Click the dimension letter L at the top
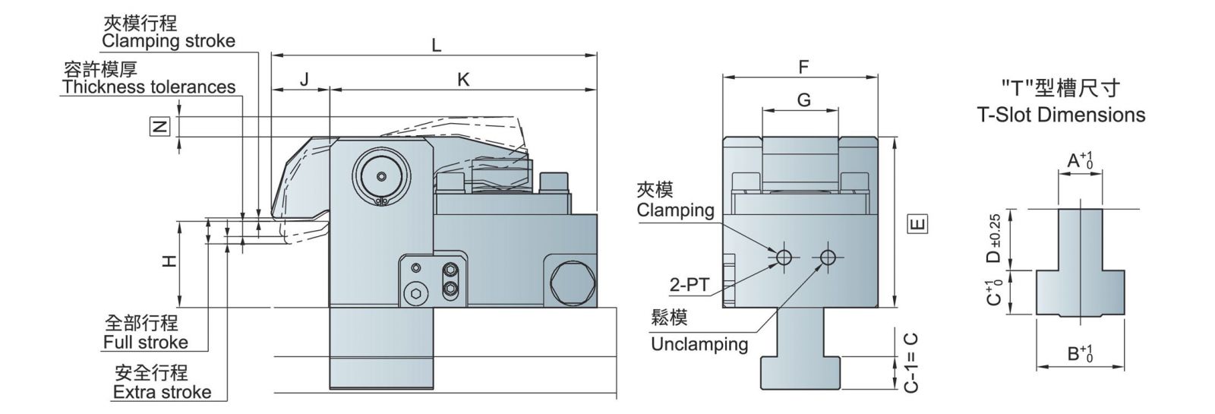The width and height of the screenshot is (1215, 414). point(436,45)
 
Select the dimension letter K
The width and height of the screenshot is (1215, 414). point(463,79)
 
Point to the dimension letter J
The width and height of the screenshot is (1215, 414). point(304,79)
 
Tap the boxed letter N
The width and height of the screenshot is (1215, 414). point(159,127)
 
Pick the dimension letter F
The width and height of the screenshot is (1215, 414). point(803,67)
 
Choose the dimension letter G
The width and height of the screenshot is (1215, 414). point(804,100)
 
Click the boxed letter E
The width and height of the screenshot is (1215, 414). point(918,224)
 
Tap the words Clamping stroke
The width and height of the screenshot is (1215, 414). point(169,41)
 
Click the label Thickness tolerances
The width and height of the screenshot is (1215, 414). point(149,87)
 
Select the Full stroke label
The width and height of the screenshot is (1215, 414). point(145,342)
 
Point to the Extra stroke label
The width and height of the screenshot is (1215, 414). point(162,392)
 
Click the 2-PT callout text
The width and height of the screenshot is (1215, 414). point(689,286)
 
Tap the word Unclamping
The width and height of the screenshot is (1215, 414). point(699,344)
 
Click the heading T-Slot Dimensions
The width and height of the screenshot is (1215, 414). point(1061,115)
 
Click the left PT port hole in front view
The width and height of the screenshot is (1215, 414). point(783,258)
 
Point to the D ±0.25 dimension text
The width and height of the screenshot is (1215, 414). point(995,240)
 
